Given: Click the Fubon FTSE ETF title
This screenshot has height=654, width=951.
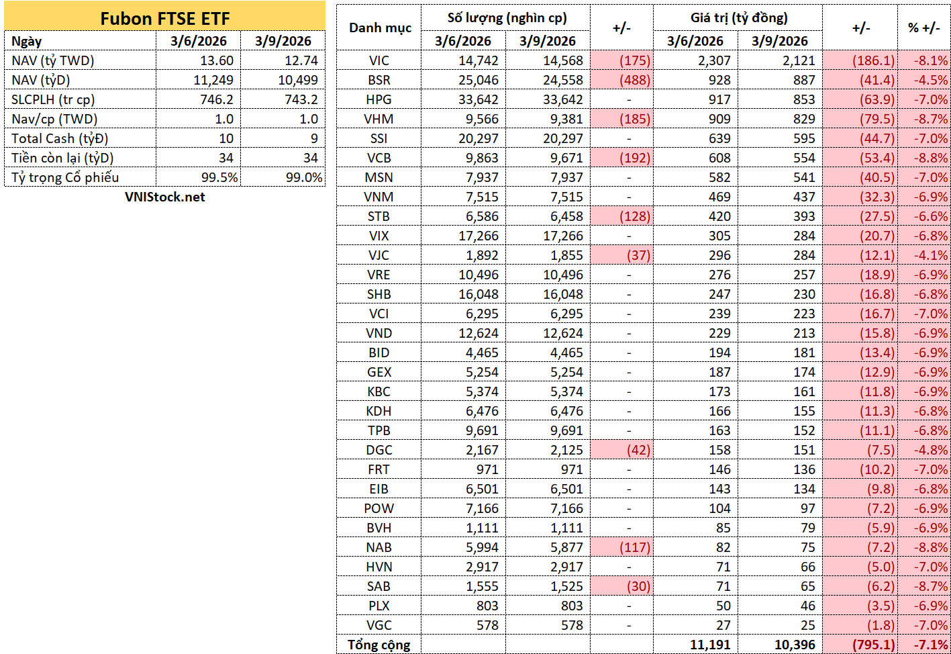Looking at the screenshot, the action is point(164,18).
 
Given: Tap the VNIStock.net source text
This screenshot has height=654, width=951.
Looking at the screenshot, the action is point(164,197).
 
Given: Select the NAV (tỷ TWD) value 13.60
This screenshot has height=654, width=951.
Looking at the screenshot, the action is point(217,60).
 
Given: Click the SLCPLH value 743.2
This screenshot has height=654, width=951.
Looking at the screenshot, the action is point(301,99).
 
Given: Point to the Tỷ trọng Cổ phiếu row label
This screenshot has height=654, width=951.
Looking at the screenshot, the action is point(65,177).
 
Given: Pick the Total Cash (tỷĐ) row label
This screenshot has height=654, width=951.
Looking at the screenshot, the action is point(60,139).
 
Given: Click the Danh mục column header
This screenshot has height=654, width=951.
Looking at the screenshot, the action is point(380,28).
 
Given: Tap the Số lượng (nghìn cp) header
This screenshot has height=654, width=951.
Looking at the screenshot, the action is point(507,18).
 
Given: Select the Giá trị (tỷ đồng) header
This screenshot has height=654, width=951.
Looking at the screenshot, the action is point(739,18).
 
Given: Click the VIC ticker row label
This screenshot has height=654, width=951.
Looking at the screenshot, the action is point(379,60).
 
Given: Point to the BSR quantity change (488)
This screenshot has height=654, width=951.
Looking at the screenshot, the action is point(634,80).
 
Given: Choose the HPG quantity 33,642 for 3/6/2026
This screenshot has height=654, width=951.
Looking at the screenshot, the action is point(478,99).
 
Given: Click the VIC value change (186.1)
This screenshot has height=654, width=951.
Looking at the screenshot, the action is point(873,60).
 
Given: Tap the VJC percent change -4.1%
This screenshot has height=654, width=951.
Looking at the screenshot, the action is point(931,255).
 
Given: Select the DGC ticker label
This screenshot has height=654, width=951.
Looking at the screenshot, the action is point(379,450).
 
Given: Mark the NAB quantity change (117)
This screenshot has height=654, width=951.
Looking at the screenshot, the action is point(634,547).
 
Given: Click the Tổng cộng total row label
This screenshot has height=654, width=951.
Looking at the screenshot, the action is point(379,645).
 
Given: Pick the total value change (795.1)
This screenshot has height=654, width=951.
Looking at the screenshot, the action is point(873,645).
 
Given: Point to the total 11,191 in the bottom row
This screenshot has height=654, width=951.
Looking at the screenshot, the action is point(710,645).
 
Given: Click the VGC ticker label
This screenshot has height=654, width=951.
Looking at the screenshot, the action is point(379,625).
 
